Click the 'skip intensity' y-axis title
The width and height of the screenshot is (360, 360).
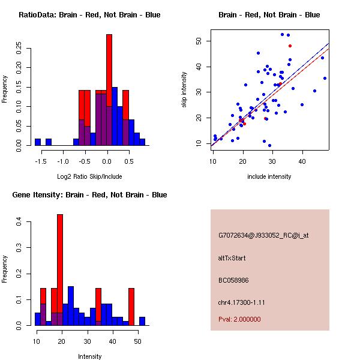pos(185,90)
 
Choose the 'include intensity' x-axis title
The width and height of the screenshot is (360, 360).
pos(269,176)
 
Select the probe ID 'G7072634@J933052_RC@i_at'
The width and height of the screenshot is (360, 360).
pos(263,236)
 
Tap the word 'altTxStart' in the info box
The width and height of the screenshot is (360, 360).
pos(232,258)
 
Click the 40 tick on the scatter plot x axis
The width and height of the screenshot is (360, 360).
pos(302,161)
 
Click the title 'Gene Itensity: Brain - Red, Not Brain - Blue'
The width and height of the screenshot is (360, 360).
pos(89,195)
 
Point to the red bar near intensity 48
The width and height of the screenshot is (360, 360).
pos(131,306)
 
